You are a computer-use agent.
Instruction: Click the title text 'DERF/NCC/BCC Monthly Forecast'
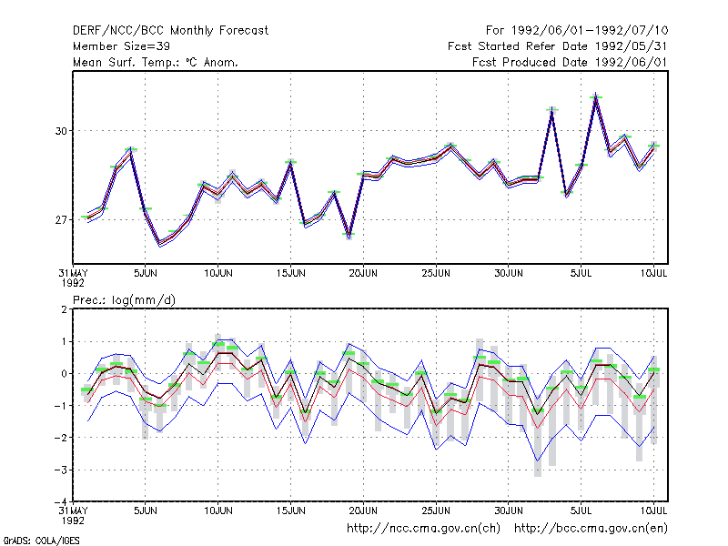coord(170,31)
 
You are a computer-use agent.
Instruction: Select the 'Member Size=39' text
coord(121,46)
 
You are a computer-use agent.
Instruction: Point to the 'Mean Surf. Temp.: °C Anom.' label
coord(156,62)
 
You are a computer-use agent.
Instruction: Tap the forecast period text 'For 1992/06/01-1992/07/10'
coord(577,31)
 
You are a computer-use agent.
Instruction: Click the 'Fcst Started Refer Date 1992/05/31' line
coord(557,46)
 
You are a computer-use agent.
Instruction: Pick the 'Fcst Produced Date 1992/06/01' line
coord(570,62)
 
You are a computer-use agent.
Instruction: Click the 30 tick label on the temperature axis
coord(61,131)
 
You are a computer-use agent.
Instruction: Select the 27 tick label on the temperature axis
coord(61,219)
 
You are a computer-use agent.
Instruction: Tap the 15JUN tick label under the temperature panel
coord(290,273)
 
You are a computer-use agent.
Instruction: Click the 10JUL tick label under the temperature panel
coord(653,273)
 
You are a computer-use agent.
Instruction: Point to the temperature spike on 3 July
coord(552,110)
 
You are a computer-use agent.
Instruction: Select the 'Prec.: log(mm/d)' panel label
coord(124,300)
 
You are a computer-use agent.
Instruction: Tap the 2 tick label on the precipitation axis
coord(64,309)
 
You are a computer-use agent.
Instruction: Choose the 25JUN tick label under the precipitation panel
coord(436,511)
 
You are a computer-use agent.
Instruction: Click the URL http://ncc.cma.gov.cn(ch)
coord(423,529)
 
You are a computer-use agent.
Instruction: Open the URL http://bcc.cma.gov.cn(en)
coord(591,529)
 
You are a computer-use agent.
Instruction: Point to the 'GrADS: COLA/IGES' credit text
coord(41,541)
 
